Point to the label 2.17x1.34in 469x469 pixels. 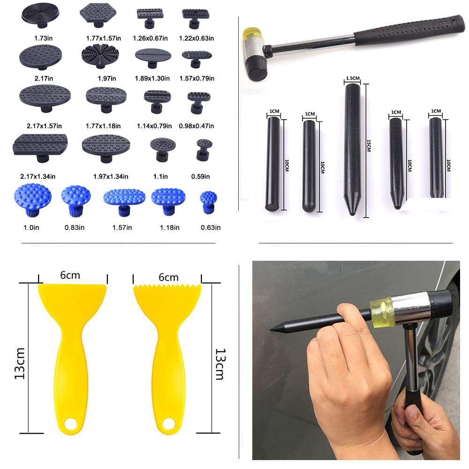(38, 176)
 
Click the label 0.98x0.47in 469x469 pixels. (197, 126)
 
